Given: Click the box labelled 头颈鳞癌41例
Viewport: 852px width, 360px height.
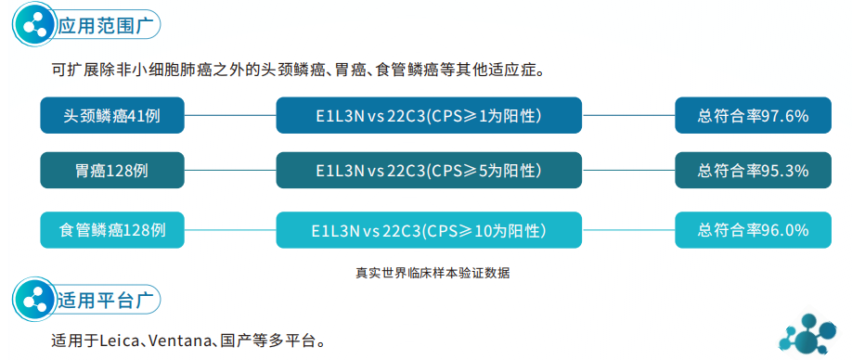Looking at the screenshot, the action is pyautogui.click(x=112, y=116).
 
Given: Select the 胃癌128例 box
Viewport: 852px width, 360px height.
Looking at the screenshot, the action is pyautogui.click(x=112, y=171).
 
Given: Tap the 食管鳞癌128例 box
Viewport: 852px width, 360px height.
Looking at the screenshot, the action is pyautogui.click(x=112, y=229).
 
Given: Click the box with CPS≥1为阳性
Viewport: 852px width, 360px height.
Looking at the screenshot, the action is pyautogui.click(x=429, y=116).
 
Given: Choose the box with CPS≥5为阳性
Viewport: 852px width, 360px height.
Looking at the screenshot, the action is pyautogui.click(x=429, y=171).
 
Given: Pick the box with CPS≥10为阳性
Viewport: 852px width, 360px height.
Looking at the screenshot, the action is pyautogui.click(x=429, y=229).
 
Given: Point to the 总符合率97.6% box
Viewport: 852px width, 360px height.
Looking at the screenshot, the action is pyautogui.click(x=753, y=116).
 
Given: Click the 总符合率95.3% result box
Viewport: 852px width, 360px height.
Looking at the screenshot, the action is pyautogui.click(x=753, y=171).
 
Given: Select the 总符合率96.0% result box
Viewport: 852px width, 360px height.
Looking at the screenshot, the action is pyautogui.click(x=753, y=229).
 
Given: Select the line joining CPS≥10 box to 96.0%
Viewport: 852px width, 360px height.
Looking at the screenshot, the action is pyautogui.click(x=628, y=229).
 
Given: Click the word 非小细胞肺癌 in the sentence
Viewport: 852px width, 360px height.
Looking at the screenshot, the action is pyautogui.click(x=162, y=71).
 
